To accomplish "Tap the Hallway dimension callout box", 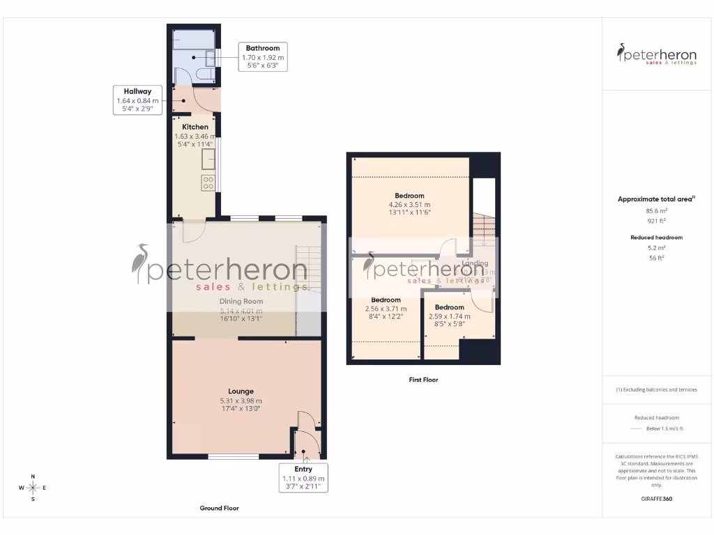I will (x=137, y=100).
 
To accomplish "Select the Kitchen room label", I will (x=195, y=127).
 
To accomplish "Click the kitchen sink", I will (x=208, y=160).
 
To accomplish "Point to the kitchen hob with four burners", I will (x=208, y=183).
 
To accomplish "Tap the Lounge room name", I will (x=241, y=391).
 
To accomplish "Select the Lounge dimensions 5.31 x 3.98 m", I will (x=241, y=401).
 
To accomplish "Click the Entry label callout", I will (x=303, y=478).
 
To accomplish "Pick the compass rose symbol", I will (x=32, y=488).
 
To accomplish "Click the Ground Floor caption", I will (x=219, y=509).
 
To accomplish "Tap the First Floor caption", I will (x=423, y=380).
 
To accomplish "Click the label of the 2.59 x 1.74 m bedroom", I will (x=449, y=307).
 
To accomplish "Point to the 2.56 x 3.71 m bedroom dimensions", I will (x=386, y=309).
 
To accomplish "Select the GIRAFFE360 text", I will (x=656, y=499).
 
